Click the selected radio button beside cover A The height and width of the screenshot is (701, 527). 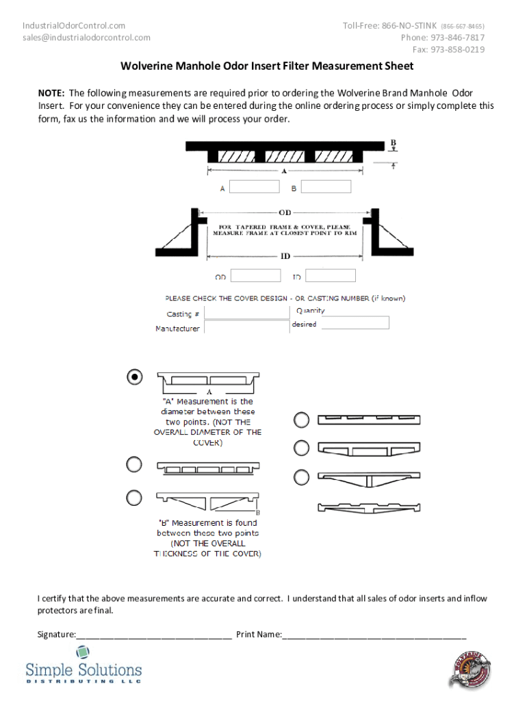point(135,377)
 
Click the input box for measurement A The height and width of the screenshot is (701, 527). point(255,187)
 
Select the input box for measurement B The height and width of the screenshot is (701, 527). point(326,187)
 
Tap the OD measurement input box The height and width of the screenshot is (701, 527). point(255,275)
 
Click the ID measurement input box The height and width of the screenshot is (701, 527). point(331,275)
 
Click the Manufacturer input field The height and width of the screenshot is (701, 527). point(246,327)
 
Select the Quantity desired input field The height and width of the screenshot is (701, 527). point(355,322)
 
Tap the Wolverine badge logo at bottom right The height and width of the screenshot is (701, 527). point(472,668)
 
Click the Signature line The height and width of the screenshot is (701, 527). point(154,635)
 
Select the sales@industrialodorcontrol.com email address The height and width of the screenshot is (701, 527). point(86,38)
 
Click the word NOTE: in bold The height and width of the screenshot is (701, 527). point(51,93)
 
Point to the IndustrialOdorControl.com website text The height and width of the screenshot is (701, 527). point(74,26)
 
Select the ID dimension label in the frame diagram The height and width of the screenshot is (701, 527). point(285,256)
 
